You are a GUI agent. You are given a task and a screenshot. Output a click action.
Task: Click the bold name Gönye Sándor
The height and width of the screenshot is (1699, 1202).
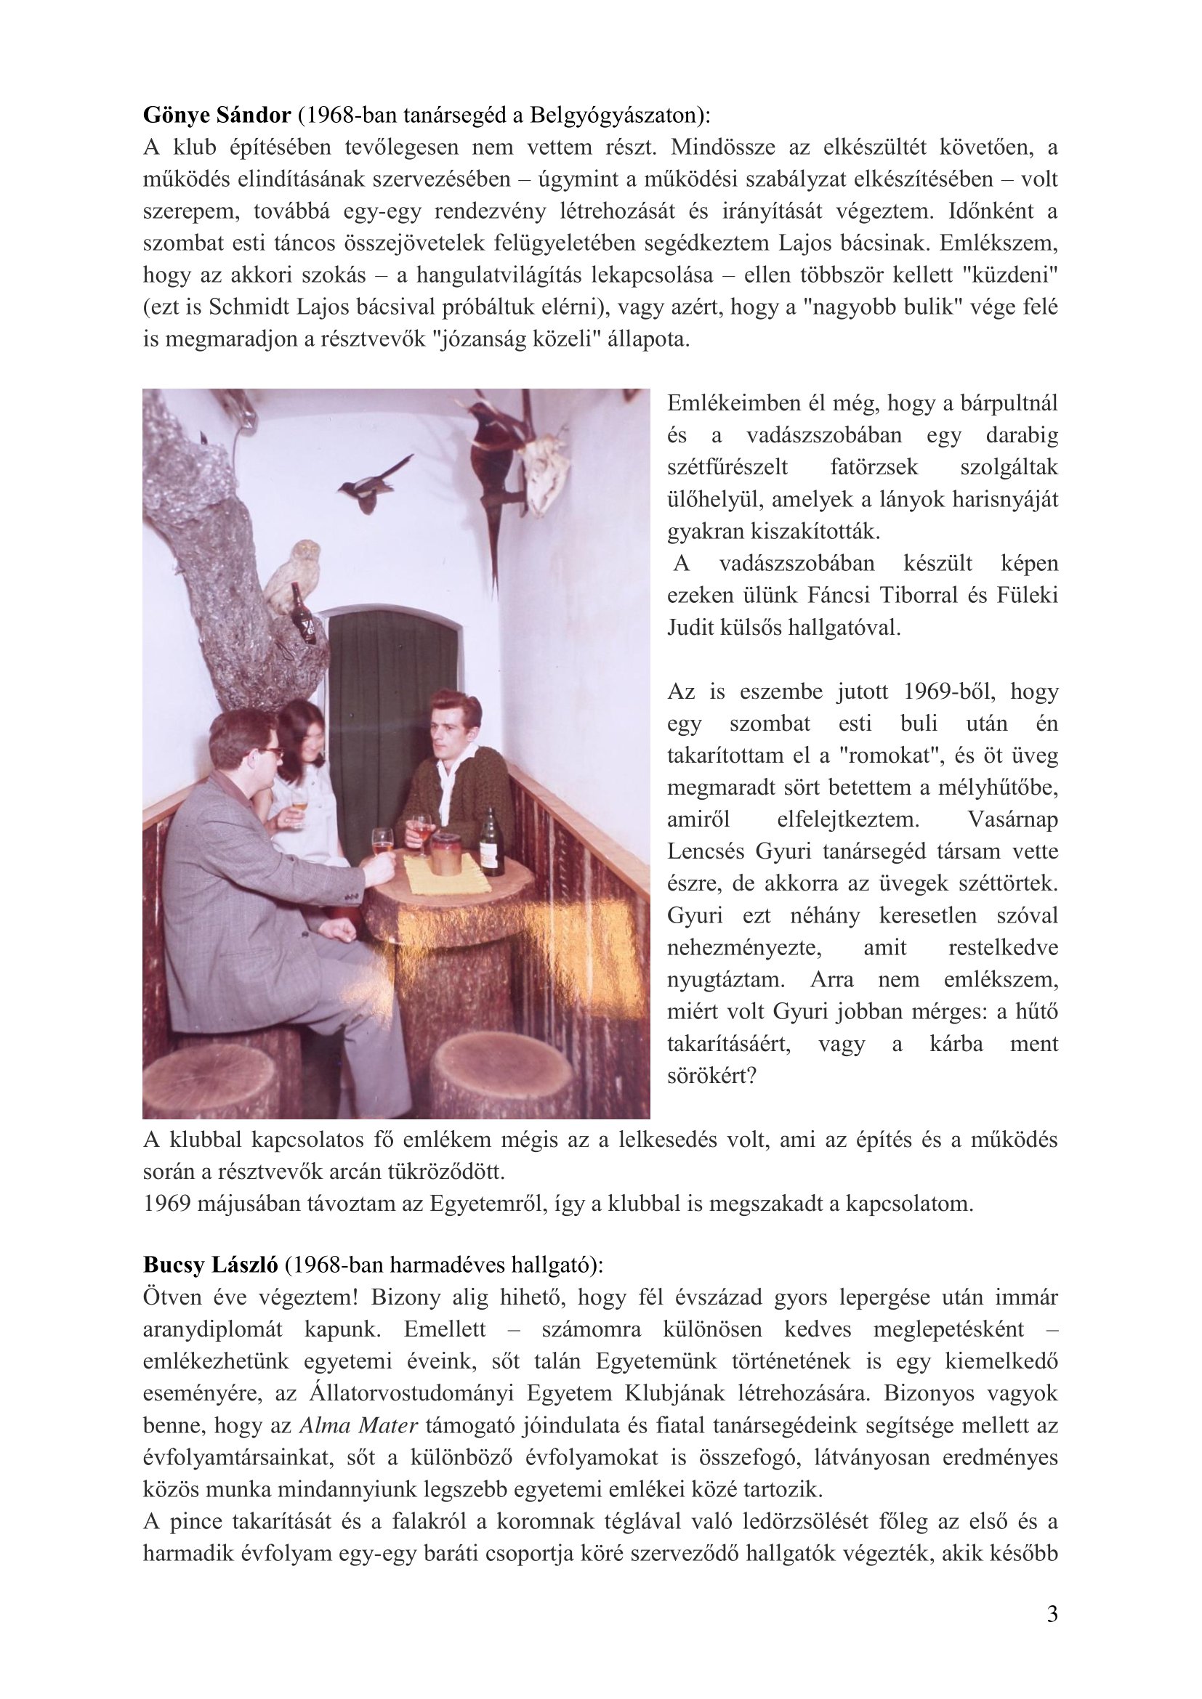tap(216, 116)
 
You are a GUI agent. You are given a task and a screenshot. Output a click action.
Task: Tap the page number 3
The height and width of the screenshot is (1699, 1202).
tap(1052, 1615)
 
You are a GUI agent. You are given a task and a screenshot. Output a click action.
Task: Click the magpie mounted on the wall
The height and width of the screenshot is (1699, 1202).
tap(372, 485)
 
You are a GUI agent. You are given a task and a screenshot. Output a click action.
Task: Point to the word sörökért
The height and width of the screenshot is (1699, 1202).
tap(712, 1075)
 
